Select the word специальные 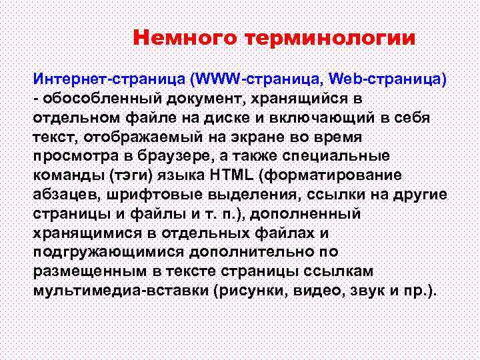pyautogui.click(x=357, y=155)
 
